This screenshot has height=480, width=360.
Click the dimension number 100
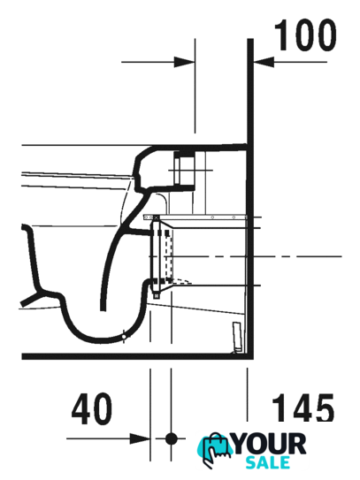[305, 34]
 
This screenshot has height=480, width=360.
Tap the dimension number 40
[92, 409]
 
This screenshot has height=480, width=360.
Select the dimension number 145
[303, 408]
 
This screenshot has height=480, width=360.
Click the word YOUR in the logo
[270, 444]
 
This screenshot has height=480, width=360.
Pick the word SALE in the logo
[268, 462]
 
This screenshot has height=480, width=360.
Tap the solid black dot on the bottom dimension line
[172, 438]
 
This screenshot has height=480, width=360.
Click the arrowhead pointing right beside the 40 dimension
[140, 438]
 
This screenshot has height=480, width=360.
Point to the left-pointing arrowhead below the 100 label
[264, 62]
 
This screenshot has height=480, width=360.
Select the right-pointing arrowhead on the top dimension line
[185, 62]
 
